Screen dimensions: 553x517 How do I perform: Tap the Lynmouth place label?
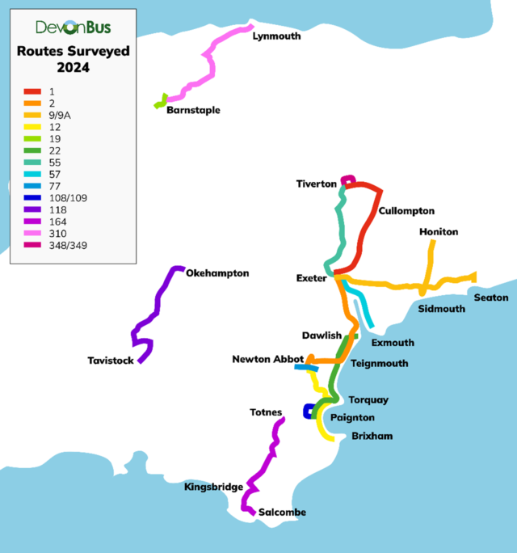click(x=276, y=36)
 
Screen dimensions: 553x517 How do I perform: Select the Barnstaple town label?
click(x=193, y=110)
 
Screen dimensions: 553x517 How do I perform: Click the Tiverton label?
click(x=316, y=184)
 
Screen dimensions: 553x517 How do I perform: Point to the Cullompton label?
click(x=406, y=211)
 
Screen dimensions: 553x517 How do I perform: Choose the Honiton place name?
click(x=439, y=232)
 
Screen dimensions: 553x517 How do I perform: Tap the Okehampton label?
click(x=217, y=273)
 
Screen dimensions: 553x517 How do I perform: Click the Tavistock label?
click(x=111, y=361)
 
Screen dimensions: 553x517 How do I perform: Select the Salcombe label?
click(x=283, y=513)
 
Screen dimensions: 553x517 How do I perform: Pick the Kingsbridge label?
click(x=213, y=487)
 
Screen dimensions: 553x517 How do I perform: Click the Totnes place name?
click(x=267, y=412)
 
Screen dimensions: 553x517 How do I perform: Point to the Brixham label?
click(x=372, y=436)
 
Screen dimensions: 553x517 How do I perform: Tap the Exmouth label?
click(x=393, y=343)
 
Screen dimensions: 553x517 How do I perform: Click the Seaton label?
click(x=491, y=298)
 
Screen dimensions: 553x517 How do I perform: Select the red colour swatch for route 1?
click(x=32, y=92)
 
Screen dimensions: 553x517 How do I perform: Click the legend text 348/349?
click(x=67, y=244)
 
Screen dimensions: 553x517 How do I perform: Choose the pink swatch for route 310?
click(x=32, y=233)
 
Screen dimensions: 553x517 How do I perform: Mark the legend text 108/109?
click(x=67, y=197)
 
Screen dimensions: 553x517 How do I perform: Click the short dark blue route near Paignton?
click(x=308, y=412)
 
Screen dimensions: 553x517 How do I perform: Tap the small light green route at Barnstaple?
click(x=162, y=102)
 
